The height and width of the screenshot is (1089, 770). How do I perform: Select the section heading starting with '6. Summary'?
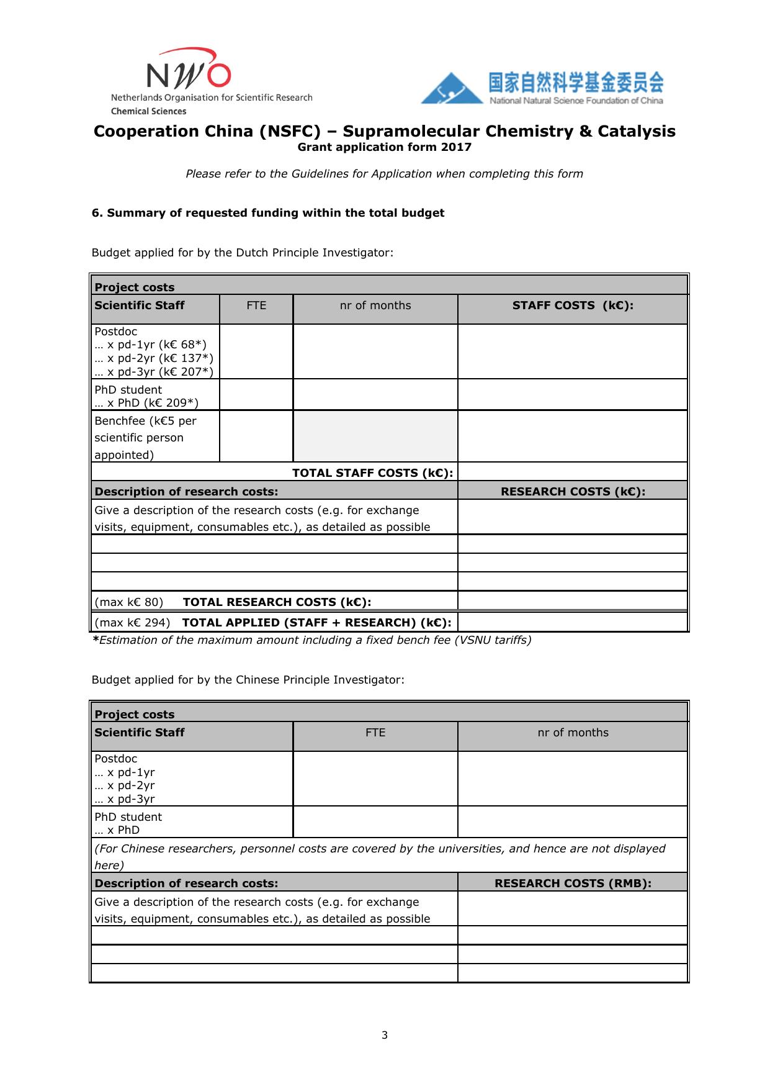[x=268, y=213]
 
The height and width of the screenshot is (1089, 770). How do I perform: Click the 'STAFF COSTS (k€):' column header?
[x=573, y=305]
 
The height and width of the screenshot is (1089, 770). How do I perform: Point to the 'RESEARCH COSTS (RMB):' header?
[x=573, y=883]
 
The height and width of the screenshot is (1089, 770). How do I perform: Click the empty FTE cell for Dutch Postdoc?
[x=256, y=351]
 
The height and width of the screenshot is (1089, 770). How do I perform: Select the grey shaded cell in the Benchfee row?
[x=375, y=436]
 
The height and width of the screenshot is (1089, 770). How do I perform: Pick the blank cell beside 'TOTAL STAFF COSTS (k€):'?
[x=573, y=472]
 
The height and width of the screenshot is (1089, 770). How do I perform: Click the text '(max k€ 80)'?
[x=129, y=602]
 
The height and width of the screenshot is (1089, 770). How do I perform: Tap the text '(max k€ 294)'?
[x=132, y=623]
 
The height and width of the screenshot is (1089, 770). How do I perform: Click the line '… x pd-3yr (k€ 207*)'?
[x=154, y=372]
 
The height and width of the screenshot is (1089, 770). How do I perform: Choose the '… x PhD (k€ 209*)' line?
[x=146, y=403]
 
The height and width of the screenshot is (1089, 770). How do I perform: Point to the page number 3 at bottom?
[x=385, y=1035]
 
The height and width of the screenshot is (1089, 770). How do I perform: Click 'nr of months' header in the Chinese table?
[x=573, y=733]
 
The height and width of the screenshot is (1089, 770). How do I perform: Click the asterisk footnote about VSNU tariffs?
[x=311, y=640]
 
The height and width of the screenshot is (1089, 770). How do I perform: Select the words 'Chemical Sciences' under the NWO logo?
[x=148, y=111]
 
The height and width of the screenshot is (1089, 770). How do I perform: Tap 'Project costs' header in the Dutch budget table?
[x=135, y=287]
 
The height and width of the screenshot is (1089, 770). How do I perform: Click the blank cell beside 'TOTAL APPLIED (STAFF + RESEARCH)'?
[x=573, y=622]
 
